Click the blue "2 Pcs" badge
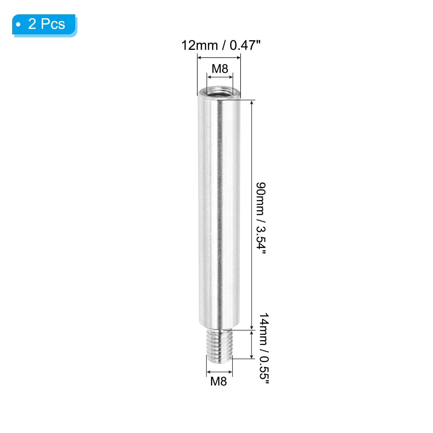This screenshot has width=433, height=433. point(44,25)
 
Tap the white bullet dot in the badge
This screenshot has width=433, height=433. point(18,25)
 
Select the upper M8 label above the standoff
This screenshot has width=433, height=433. point(220,69)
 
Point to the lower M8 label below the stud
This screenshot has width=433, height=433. point(219,381)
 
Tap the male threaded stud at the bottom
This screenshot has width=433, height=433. point(219,347)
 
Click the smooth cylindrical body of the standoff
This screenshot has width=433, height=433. point(219,211)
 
